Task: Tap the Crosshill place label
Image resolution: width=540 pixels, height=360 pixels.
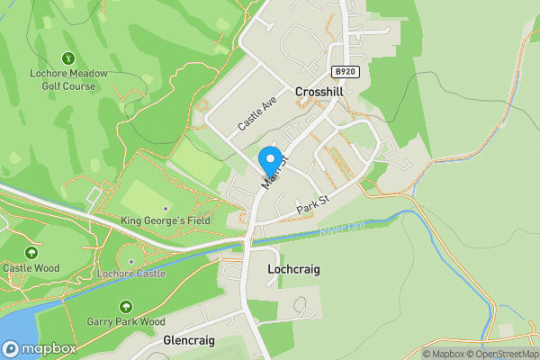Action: pos(319,92)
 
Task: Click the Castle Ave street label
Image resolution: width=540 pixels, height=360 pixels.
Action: pos(256,114)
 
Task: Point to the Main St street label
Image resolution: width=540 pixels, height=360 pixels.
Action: pos(274,171)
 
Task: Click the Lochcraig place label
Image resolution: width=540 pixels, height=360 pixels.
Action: pos(294,269)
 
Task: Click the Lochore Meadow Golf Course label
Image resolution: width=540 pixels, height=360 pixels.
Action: pos(68,80)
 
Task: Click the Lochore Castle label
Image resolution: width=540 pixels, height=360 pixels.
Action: pos(131,274)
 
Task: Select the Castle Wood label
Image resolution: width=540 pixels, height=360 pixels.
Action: pos(31,267)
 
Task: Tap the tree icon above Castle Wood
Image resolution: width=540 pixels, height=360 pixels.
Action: pos(31,251)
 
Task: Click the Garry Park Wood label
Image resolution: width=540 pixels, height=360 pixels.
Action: pos(126,321)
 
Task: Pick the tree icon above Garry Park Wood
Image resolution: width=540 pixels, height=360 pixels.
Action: pos(126,305)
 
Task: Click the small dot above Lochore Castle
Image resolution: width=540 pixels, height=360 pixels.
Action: pos(131,262)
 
